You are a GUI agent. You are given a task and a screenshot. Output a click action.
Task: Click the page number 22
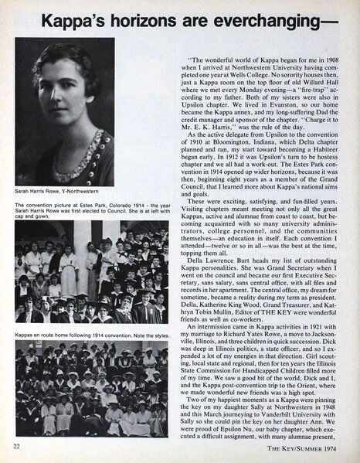(16, 448)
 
